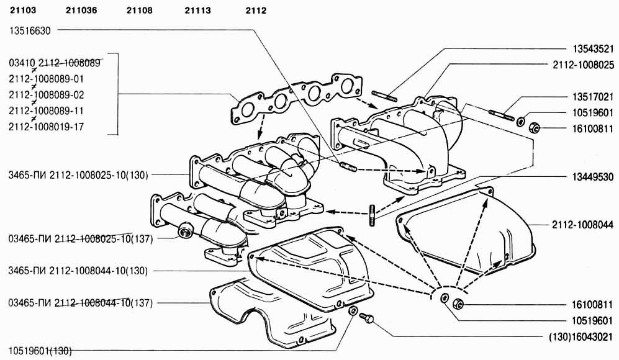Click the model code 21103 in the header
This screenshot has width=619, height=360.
[23, 11]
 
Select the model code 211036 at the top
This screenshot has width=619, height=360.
[81, 11]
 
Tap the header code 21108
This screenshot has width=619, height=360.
[139, 11]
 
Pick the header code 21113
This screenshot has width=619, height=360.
[198, 11]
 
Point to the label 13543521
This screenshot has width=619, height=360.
[592, 49]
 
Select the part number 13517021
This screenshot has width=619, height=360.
[592, 97]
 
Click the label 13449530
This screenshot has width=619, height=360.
[592, 176]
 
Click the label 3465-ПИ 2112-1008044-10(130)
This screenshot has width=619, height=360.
[78, 271]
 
